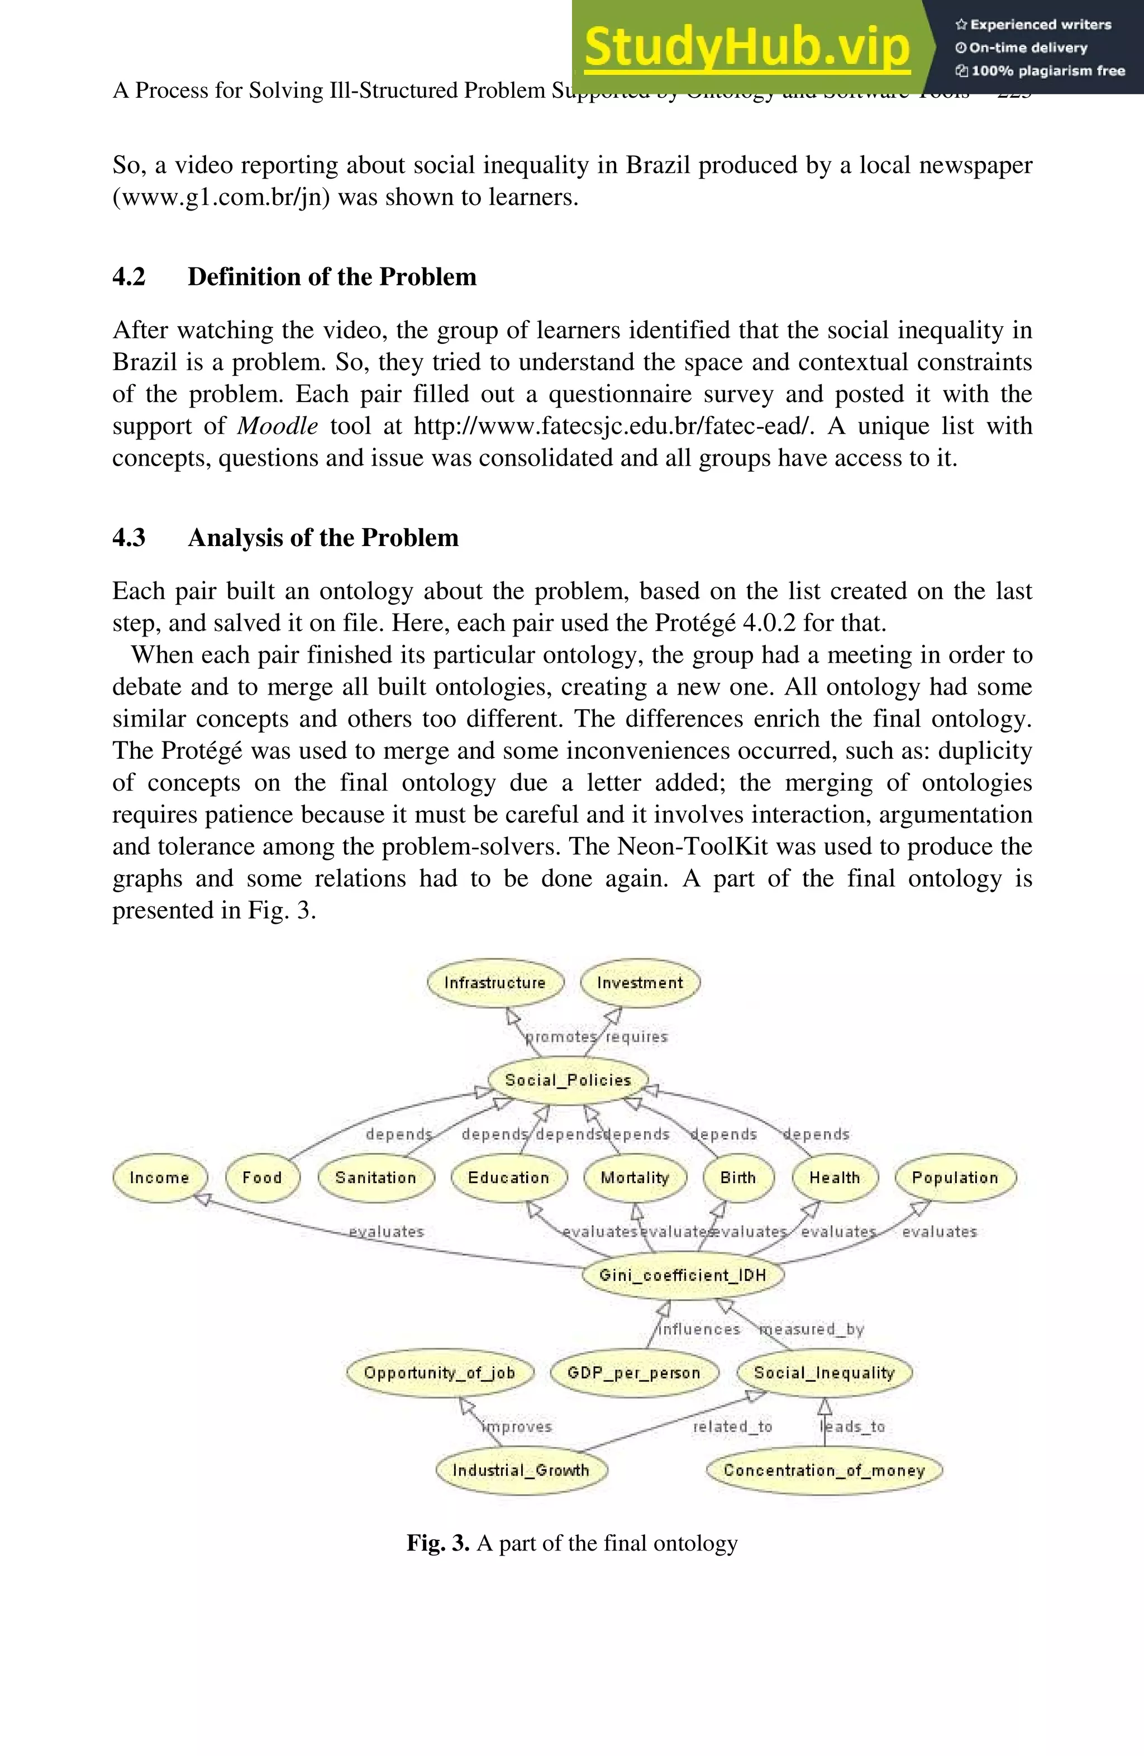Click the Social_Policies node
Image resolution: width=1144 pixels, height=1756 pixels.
(568, 1080)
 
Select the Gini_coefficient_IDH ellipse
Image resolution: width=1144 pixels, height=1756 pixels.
(683, 1275)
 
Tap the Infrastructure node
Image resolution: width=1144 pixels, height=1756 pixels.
(494, 983)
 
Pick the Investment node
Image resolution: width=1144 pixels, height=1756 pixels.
(640, 983)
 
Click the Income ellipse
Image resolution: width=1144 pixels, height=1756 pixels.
(159, 1178)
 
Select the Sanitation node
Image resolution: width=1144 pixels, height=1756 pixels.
(376, 1178)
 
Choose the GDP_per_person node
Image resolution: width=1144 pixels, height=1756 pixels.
(633, 1372)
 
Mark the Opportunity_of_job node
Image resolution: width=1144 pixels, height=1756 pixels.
(439, 1372)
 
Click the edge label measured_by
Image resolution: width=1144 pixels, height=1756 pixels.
(812, 1329)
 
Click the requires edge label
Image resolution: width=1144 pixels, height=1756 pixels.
(636, 1037)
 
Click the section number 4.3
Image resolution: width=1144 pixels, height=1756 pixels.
(128, 537)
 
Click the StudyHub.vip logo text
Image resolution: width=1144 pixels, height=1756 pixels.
(747, 46)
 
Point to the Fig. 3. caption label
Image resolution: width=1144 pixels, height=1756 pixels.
(438, 1543)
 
